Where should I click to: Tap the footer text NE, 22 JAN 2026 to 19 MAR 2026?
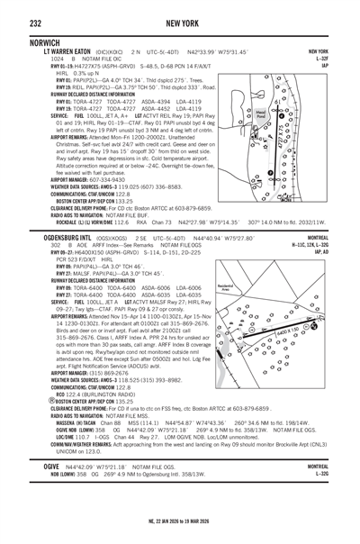point(180,531)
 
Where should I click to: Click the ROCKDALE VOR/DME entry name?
point(52,220)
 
